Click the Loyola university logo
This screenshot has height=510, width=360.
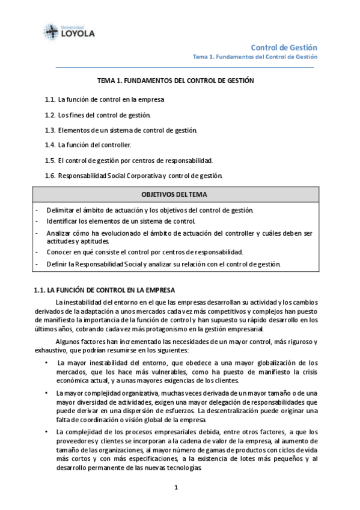click(69, 31)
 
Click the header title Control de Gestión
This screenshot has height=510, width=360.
click(284, 47)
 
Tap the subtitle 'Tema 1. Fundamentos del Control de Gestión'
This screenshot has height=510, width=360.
click(255, 57)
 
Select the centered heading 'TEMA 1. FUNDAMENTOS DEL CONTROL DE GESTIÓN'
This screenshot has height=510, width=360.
click(176, 80)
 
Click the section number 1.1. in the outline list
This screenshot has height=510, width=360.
click(50, 99)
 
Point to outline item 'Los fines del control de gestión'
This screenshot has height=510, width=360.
click(105, 114)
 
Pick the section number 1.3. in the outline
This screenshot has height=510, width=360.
click(50, 130)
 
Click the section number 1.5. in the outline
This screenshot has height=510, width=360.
click(50, 161)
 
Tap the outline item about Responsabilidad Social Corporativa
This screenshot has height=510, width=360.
click(140, 176)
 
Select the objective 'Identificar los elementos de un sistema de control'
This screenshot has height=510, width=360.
click(121, 221)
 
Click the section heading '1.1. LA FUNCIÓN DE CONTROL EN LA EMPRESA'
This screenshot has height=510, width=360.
click(105, 290)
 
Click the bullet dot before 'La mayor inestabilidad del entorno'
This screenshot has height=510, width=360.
click(47, 363)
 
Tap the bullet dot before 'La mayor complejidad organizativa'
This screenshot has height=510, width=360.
click(47, 393)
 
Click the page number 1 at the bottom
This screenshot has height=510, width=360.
click(176, 487)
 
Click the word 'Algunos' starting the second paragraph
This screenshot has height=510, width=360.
click(68, 342)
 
